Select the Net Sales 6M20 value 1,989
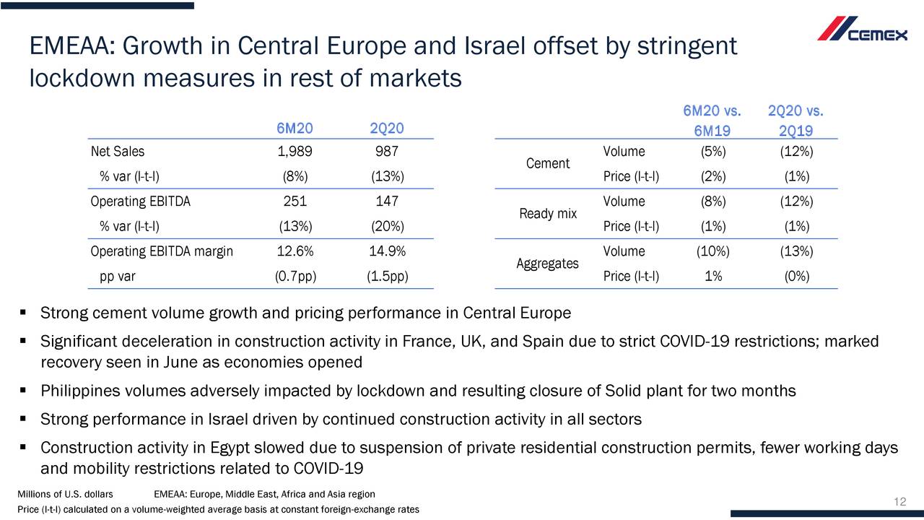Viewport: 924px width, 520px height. pyautogui.click(x=295, y=152)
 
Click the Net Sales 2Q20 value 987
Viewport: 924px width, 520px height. pyautogui.click(x=387, y=152)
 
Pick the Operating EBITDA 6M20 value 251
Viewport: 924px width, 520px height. pyautogui.click(x=295, y=201)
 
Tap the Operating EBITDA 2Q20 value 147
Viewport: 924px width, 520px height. pyautogui.click(x=387, y=201)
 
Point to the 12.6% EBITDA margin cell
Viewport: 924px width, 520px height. pyautogui.click(x=295, y=251)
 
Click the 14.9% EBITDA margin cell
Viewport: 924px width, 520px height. pyautogui.click(x=387, y=251)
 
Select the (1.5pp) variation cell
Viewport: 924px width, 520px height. pyautogui.click(x=387, y=277)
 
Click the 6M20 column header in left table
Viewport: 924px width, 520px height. pyautogui.click(x=295, y=129)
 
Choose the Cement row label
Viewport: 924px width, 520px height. pyautogui.click(x=548, y=164)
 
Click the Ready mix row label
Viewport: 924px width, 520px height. pyautogui.click(x=548, y=214)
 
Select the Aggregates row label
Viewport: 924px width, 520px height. pyautogui.click(x=548, y=264)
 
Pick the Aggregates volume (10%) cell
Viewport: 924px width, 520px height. pyautogui.click(x=712, y=251)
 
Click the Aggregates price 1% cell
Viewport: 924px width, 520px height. pyautogui.click(x=712, y=277)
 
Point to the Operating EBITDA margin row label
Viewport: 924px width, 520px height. pyautogui.click(x=162, y=251)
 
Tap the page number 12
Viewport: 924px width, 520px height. pyautogui.click(x=899, y=503)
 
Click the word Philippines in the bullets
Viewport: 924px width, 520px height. pyautogui.click(x=79, y=391)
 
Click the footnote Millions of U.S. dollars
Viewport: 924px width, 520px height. pyautogui.click(x=65, y=494)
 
